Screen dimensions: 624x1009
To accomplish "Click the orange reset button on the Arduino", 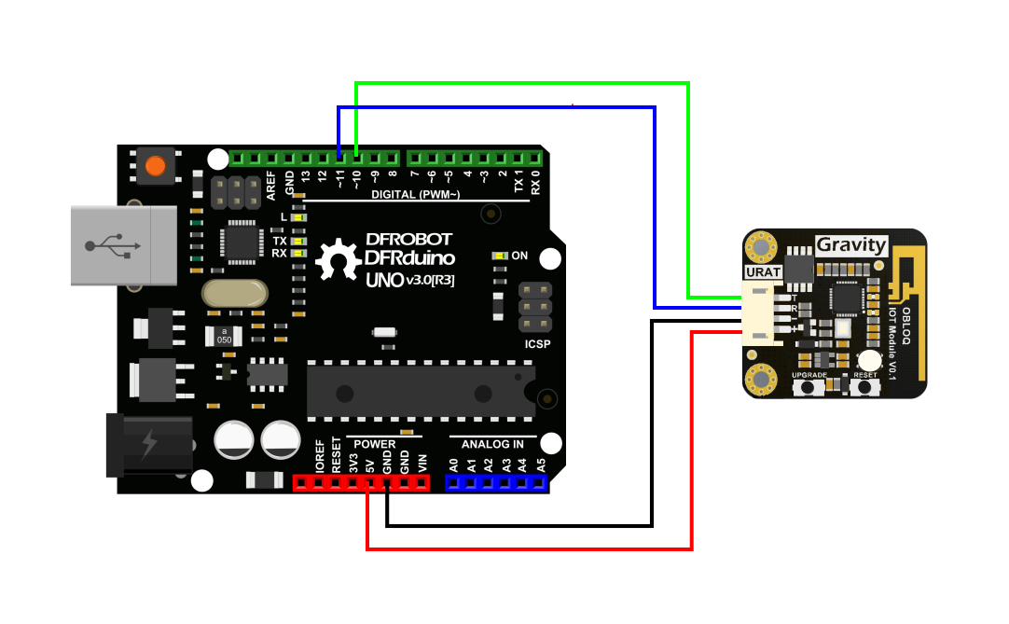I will [x=156, y=167].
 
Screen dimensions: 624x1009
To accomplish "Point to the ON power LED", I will [x=502, y=256].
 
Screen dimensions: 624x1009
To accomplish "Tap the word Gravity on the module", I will [x=850, y=245].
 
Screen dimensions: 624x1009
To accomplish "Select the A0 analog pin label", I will [x=454, y=464].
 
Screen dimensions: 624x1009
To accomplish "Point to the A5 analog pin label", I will [x=540, y=464].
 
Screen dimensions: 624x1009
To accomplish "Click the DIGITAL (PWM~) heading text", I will [x=415, y=195].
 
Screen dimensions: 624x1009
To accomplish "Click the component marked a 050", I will [x=224, y=336].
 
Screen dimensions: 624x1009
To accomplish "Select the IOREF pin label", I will [x=319, y=457].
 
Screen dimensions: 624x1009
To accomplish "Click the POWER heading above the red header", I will [x=375, y=444].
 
